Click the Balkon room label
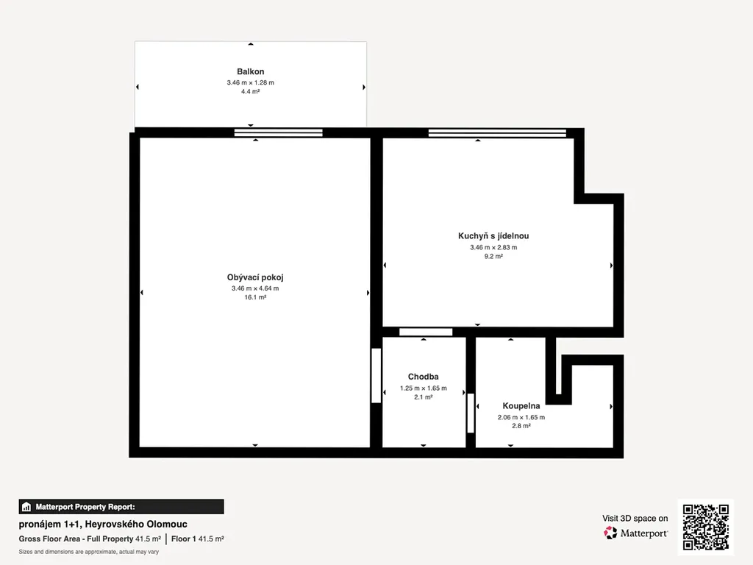250,71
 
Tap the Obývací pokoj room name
255,277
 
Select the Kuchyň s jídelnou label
493,236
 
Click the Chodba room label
423,377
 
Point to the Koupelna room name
521,406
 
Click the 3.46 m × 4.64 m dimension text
255,288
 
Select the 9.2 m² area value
493,256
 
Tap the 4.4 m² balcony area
250,91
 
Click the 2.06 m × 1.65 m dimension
521,417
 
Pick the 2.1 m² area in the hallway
423,397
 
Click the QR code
706,527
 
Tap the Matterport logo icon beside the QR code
610,533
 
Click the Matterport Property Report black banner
121,506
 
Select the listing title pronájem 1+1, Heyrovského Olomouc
103,524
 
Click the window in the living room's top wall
279,132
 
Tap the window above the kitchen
497,132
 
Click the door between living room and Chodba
376,376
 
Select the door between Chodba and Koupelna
471,413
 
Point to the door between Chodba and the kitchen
426,332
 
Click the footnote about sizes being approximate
88,552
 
